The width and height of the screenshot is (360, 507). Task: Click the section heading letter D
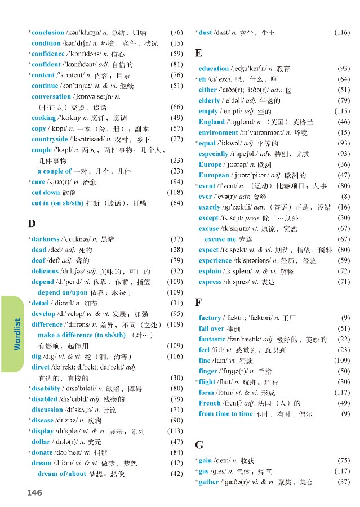tap(32, 224)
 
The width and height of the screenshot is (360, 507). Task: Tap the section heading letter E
tap(198, 53)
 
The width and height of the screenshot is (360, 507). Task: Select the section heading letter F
tap(198, 303)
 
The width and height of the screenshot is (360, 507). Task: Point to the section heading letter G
tap(199, 445)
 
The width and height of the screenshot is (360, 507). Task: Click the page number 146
tap(34, 493)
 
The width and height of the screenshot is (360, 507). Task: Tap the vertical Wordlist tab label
tap(17, 333)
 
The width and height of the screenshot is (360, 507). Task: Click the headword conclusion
tap(48, 32)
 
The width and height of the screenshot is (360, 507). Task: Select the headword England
tap(211, 122)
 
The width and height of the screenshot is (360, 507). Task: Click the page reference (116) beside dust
tap(341, 33)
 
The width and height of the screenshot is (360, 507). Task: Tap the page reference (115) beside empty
tap(341, 111)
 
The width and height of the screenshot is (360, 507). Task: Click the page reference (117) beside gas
tap(341, 472)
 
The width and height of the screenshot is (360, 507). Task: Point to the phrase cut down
tap(46, 192)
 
